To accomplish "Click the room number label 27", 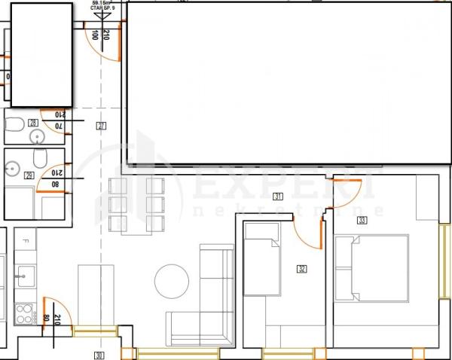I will point(101,126).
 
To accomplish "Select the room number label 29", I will point(30,175).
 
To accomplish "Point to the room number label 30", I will point(98,355).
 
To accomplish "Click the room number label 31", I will point(278,197).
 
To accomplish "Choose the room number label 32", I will point(302,268).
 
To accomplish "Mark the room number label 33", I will point(362,221).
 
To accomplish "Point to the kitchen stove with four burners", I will point(24,313).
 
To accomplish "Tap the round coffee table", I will point(173,281).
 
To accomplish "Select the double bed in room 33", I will point(371,267).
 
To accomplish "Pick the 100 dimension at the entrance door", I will point(94,35).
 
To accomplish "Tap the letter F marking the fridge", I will point(25,242).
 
